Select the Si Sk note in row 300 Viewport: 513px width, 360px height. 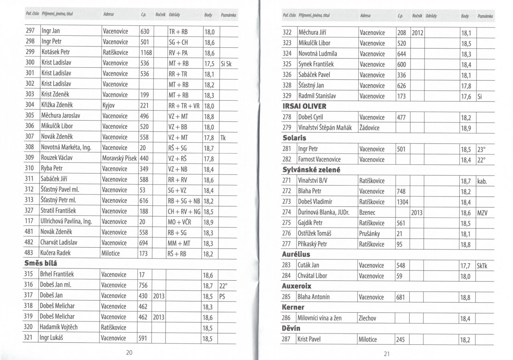tap(226, 63)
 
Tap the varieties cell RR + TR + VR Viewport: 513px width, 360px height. tap(184, 106)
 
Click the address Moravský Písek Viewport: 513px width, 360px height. tap(119, 158)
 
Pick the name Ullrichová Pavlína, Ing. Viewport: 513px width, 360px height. tap(66, 221)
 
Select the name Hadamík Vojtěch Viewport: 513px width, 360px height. tap(59, 327)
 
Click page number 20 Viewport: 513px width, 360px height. tap(129, 353)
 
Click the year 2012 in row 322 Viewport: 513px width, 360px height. tap(417, 32)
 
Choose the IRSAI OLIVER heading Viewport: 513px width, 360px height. tap(305, 106)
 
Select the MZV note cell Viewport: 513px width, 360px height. tap(482, 212)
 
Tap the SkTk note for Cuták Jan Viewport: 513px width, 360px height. tap(482, 265)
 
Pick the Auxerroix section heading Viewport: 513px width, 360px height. tap(297, 286)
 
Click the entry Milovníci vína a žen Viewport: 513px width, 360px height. tap(320, 318)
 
